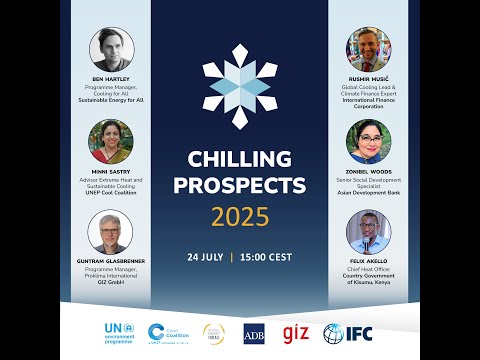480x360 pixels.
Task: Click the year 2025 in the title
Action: click(240, 217)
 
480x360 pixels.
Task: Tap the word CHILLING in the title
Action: click(240, 160)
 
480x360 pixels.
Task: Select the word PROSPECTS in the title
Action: click(240, 186)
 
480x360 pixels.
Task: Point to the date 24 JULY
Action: click(205, 257)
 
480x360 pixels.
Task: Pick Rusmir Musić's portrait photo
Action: click(368, 49)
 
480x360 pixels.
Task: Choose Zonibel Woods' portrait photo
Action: click(368, 141)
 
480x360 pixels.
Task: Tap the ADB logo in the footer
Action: click(254, 333)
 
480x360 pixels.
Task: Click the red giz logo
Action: click(296, 332)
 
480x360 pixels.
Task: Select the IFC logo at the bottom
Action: click(347, 333)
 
